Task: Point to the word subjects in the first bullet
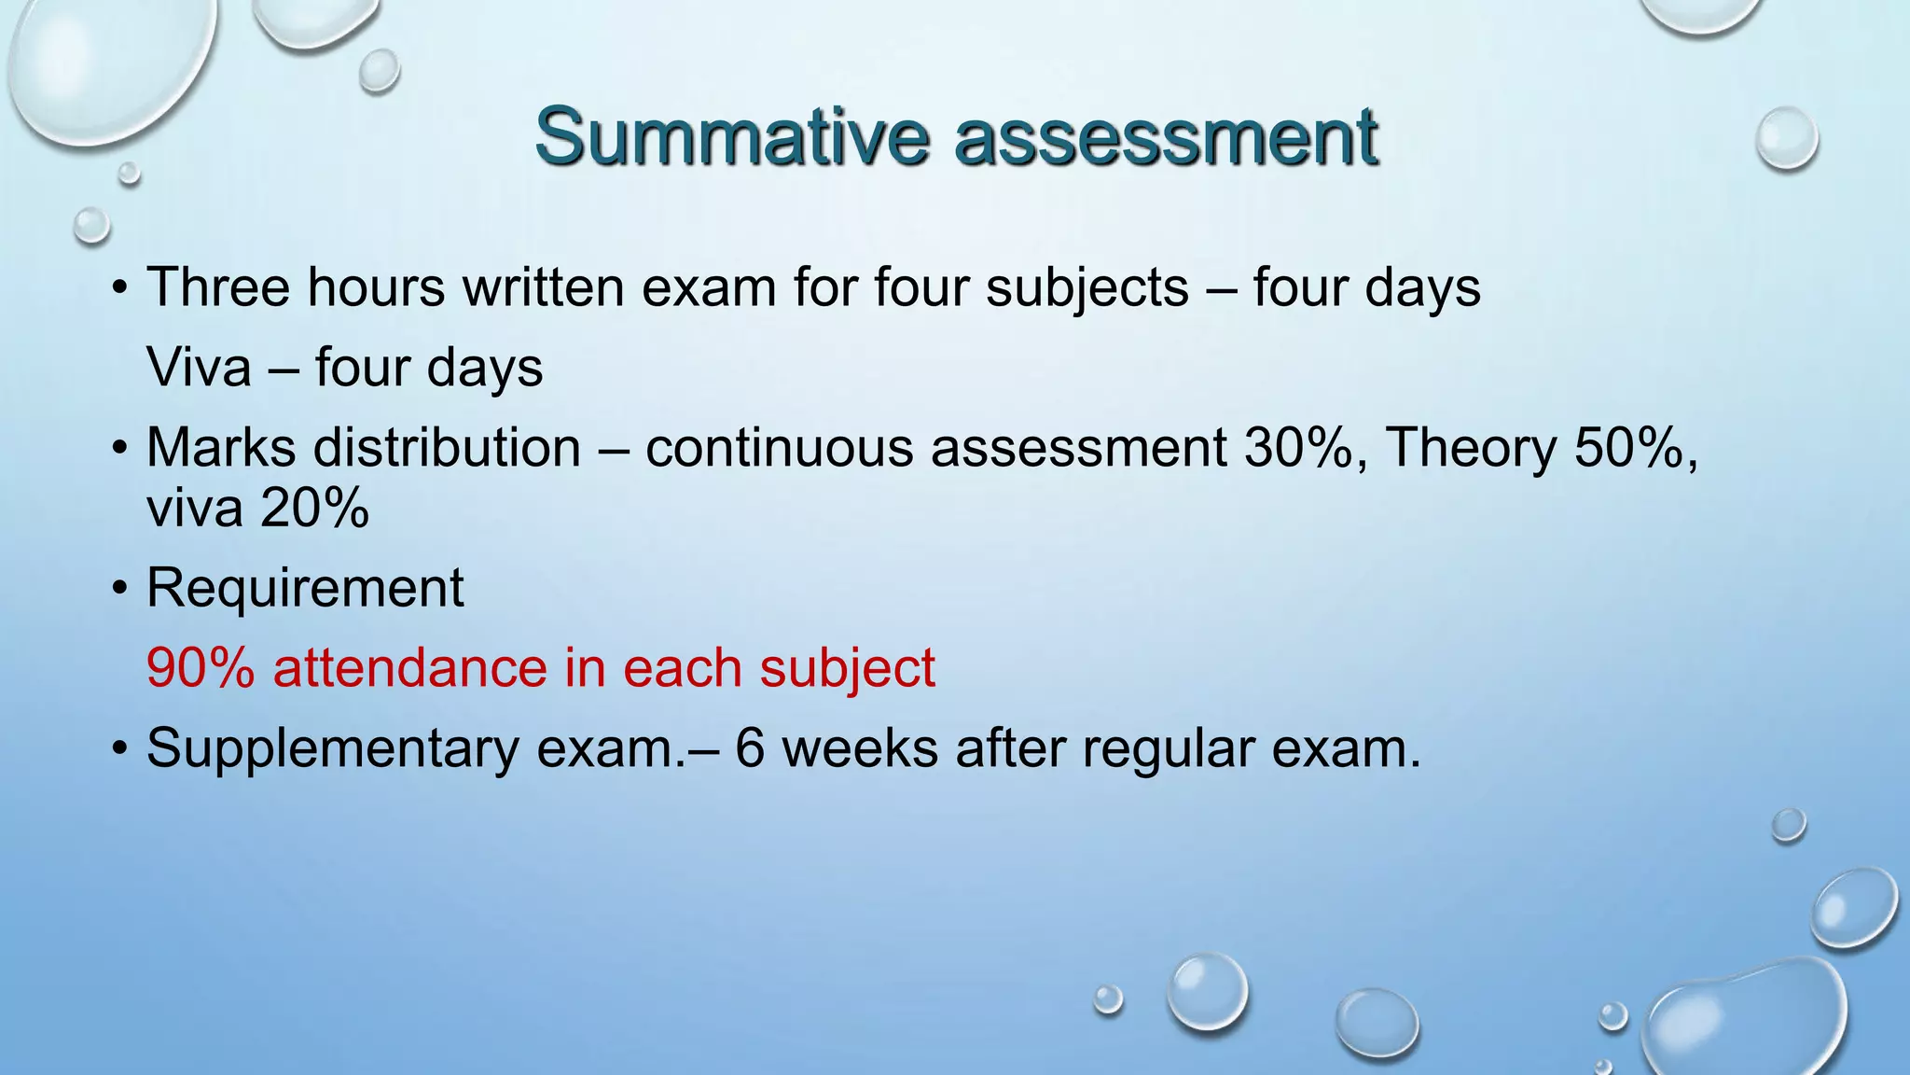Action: (x=1087, y=288)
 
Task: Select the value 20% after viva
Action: (x=314, y=509)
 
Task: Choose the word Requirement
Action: (x=305, y=589)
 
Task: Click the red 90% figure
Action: (x=201, y=668)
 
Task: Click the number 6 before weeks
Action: (x=750, y=748)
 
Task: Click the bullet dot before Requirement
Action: (x=118, y=590)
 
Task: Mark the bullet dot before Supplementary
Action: (x=118, y=749)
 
